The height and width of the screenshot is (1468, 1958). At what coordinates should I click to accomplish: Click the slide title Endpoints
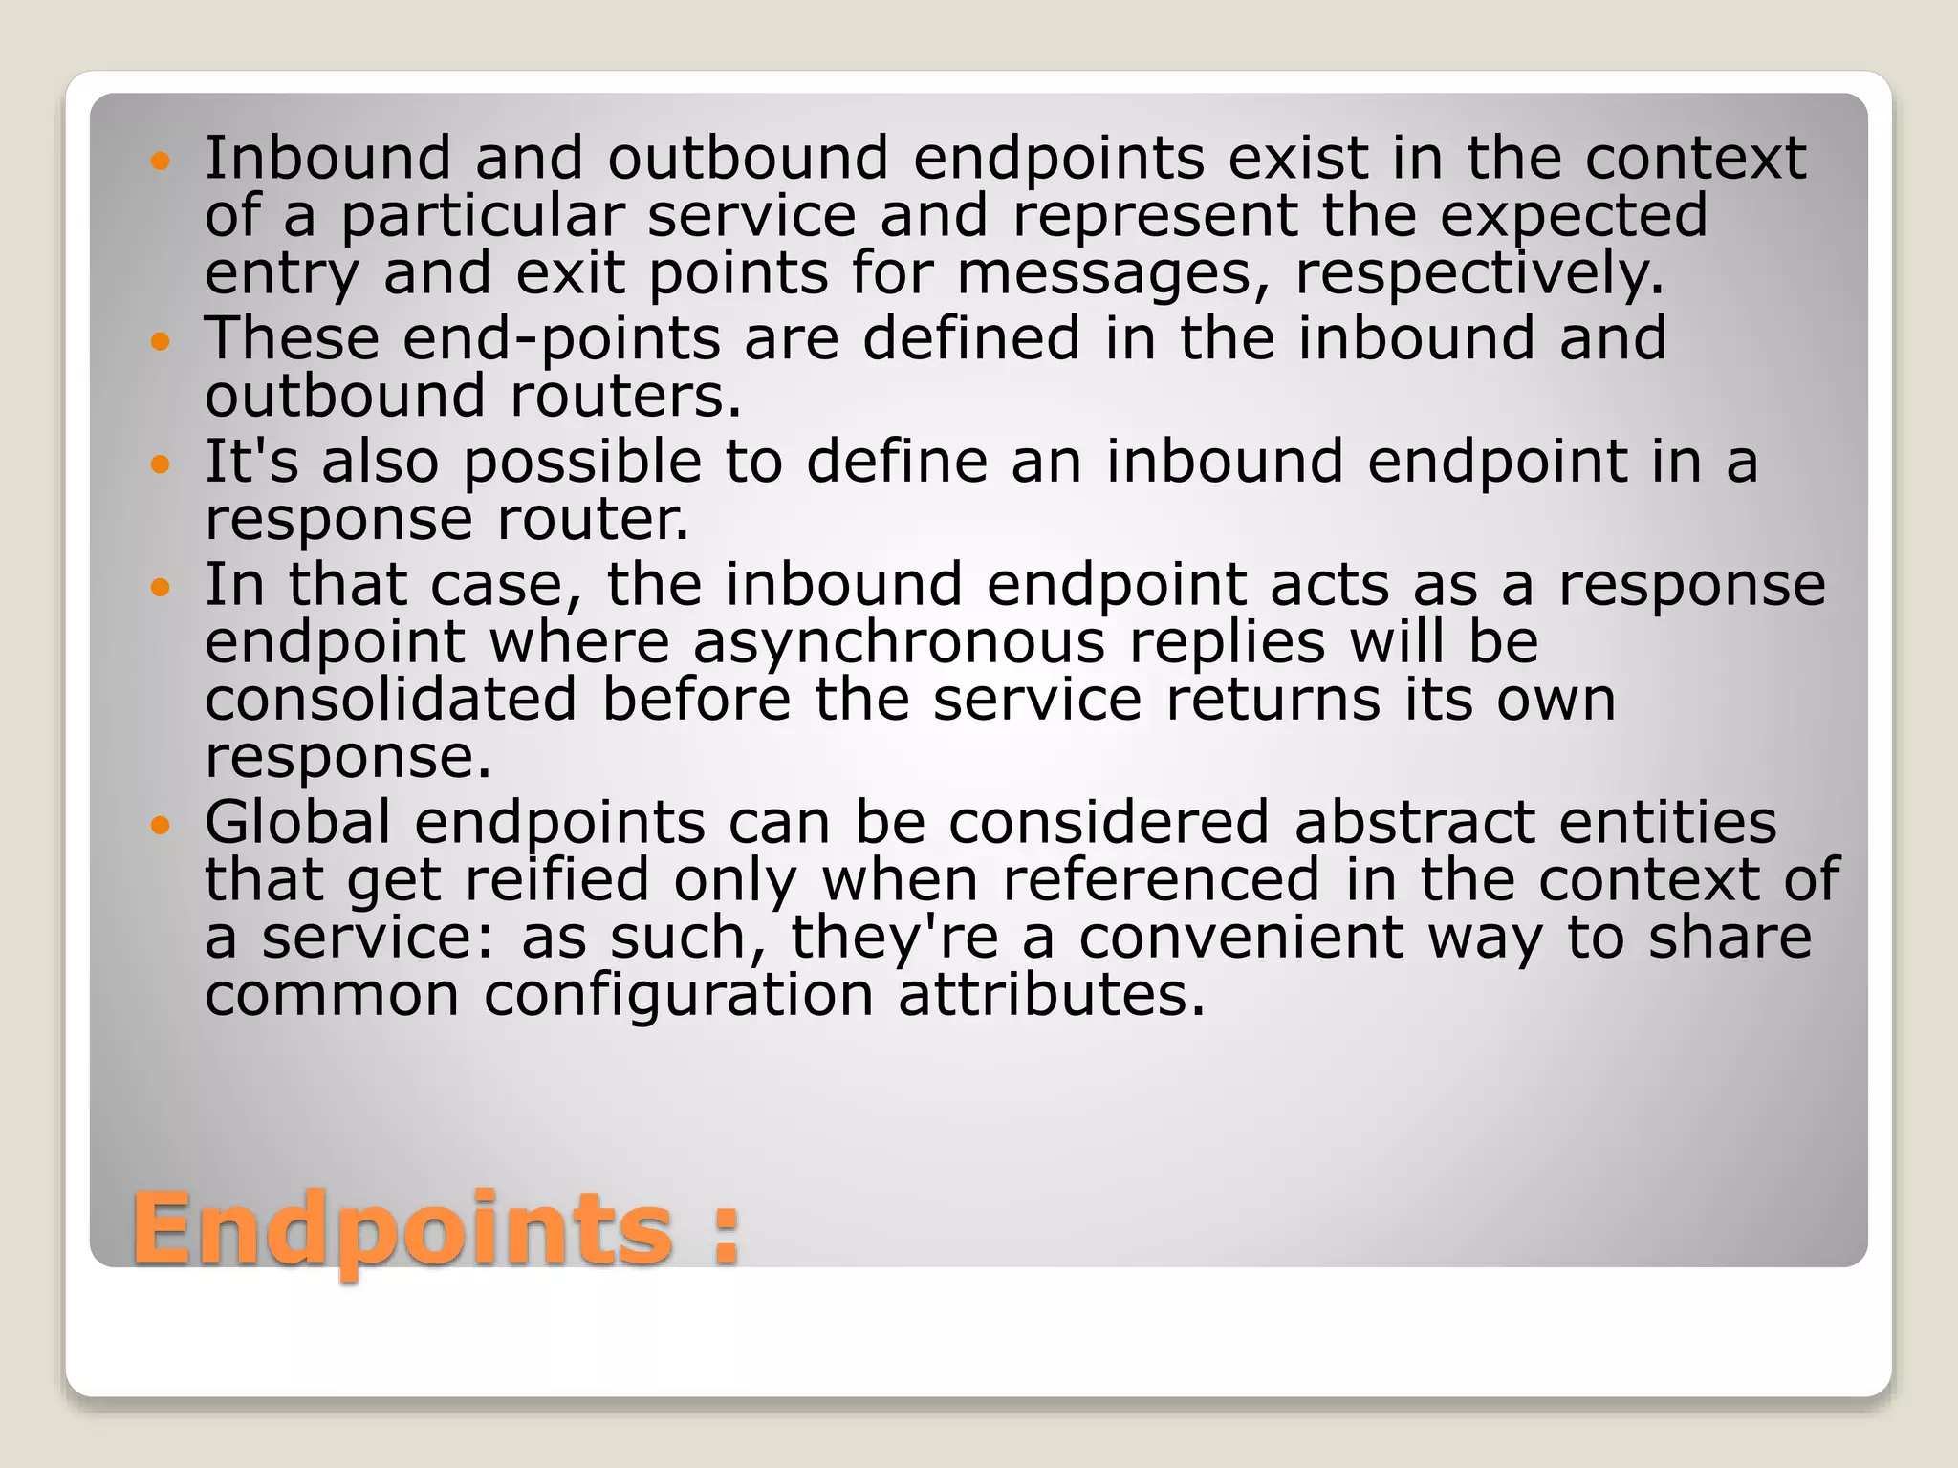point(402,1230)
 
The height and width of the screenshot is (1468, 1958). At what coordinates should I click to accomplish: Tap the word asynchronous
point(899,642)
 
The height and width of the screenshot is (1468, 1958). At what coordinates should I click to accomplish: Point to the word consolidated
point(390,699)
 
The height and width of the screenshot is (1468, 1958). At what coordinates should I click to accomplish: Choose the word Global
point(297,822)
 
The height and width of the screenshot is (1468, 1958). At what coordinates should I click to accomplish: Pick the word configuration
point(679,995)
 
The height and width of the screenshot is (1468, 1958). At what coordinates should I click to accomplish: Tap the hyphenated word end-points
point(561,339)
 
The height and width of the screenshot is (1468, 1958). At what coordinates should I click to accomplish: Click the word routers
point(626,396)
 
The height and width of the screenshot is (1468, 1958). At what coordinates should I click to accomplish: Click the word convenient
point(1241,937)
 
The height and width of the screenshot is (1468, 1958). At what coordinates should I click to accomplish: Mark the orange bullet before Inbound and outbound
point(161,160)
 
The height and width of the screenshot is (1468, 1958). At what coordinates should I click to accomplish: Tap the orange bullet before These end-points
point(161,339)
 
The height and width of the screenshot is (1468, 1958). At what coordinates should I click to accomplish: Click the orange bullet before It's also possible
point(161,464)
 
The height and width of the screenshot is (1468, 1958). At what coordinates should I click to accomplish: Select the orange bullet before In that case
point(161,586)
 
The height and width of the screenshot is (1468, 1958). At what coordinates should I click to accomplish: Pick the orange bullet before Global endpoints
point(161,823)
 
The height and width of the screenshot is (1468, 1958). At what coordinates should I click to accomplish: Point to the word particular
point(482,216)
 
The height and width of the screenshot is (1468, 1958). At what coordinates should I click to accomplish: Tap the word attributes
point(1052,995)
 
